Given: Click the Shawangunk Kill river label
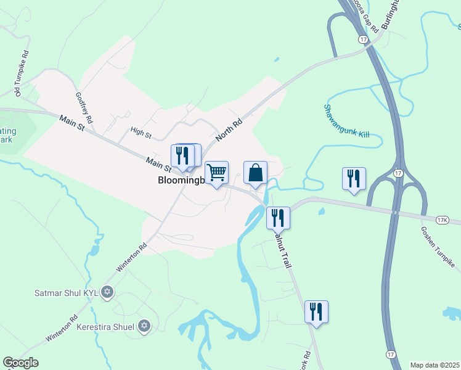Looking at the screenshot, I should (346, 121).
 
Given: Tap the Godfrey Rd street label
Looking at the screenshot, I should (83, 107).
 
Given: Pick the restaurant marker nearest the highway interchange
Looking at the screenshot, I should (354, 179).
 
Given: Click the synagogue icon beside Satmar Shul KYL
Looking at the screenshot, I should (107, 291).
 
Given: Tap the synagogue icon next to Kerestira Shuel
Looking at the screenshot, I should (144, 326).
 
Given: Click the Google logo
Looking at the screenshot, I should (20, 363).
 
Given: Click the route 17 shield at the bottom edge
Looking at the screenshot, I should (390, 354).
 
